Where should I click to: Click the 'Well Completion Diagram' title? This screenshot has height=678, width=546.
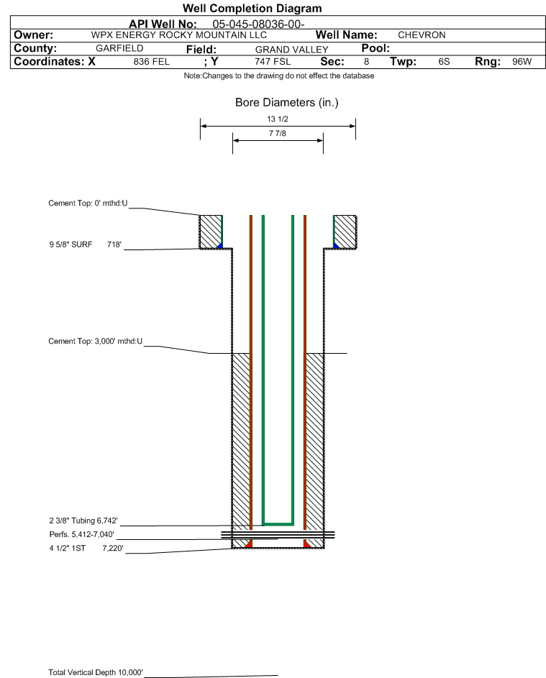coord(252,8)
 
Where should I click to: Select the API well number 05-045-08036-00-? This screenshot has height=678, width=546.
coord(258,24)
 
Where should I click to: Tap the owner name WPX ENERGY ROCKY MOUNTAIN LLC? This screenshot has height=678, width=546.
coord(178,35)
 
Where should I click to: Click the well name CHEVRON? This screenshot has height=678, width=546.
coord(422,35)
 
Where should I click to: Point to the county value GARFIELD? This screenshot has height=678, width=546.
coord(119,48)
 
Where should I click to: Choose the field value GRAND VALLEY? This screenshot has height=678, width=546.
coord(291,50)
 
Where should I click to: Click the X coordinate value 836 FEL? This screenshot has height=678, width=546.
coord(151,61)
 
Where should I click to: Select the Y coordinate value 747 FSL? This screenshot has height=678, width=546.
coord(273,61)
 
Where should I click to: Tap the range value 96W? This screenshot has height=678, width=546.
coord(522,61)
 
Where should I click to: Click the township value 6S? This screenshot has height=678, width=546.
coord(444,61)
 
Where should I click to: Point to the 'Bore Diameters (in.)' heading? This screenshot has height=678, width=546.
coord(287,103)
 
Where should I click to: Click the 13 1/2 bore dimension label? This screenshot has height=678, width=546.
coord(278,119)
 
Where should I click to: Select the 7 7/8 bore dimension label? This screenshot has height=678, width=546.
coord(278,133)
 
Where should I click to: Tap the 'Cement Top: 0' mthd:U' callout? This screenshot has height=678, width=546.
coord(88,203)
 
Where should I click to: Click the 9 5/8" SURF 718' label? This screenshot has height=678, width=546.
coord(85,244)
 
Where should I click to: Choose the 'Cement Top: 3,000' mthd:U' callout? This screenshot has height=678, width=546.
coord(95,342)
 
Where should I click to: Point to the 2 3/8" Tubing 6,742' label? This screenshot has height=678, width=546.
coord(83,521)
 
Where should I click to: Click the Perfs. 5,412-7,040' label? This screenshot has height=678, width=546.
coord(82,534)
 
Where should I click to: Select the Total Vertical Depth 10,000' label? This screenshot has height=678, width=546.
coord(96,672)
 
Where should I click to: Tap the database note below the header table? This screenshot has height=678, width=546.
coord(279,75)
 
